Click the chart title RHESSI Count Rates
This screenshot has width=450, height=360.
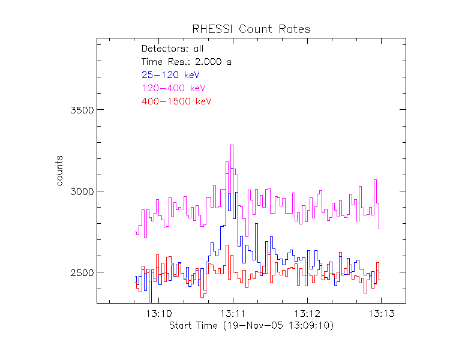pyautogui.click(x=251, y=29)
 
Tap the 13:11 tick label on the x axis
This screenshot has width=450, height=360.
pyautogui.click(x=233, y=314)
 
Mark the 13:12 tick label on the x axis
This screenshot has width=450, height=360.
pyautogui.click(x=307, y=314)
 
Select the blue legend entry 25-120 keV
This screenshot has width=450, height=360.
pyautogui.click(x=170, y=75)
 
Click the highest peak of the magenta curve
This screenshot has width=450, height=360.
pyautogui.click(x=232, y=145)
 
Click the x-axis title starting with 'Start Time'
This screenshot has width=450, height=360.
pyautogui.click(x=251, y=325)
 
